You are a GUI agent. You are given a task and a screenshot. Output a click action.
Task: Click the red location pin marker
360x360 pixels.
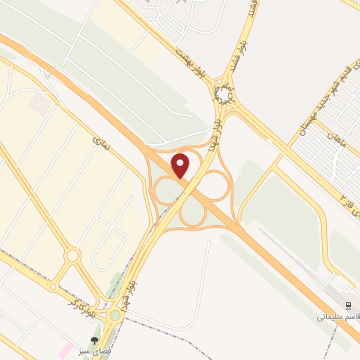(181, 166)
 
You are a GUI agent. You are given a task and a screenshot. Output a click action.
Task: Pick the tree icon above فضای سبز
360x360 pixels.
(94, 340)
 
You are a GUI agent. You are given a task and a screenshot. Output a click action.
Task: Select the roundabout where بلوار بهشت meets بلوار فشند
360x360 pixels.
(224, 94)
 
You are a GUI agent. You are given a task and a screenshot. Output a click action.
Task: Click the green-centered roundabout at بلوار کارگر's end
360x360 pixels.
(115, 315)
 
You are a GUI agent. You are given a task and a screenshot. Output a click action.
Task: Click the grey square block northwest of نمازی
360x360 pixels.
(40, 105)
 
